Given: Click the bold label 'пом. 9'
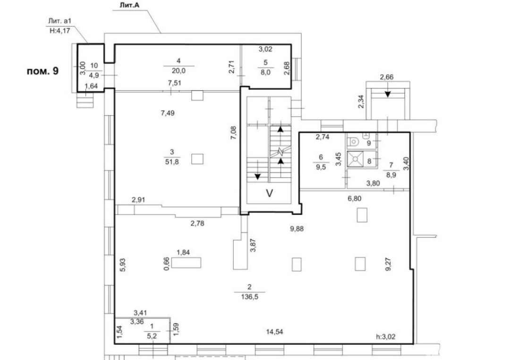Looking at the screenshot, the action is click(x=42, y=71).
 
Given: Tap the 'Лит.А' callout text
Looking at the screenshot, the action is click(x=130, y=5).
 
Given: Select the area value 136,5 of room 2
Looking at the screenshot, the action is click(x=249, y=297).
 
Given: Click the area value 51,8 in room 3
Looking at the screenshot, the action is click(x=172, y=162).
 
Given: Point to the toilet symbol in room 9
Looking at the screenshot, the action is click(x=353, y=142).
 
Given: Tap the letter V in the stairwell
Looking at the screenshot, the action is click(x=270, y=193).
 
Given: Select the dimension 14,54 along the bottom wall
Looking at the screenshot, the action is click(x=274, y=332).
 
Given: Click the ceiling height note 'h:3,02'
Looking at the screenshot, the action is click(x=386, y=337).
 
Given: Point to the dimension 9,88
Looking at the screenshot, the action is click(x=297, y=229).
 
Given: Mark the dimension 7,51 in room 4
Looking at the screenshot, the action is click(x=175, y=83).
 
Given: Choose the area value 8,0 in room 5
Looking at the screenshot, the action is click(x=265, y=73).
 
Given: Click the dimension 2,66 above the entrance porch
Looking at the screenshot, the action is click(x=387, y=77).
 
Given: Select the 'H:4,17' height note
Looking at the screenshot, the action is click(x=59, y=32).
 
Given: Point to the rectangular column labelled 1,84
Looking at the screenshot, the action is click(x=186, y=263).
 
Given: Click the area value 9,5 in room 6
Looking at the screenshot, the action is click(x=321, y=168).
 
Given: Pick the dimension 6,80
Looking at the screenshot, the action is click(x=355, y=198).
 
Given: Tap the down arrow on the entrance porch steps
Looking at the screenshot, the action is click(x=387, y=93).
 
